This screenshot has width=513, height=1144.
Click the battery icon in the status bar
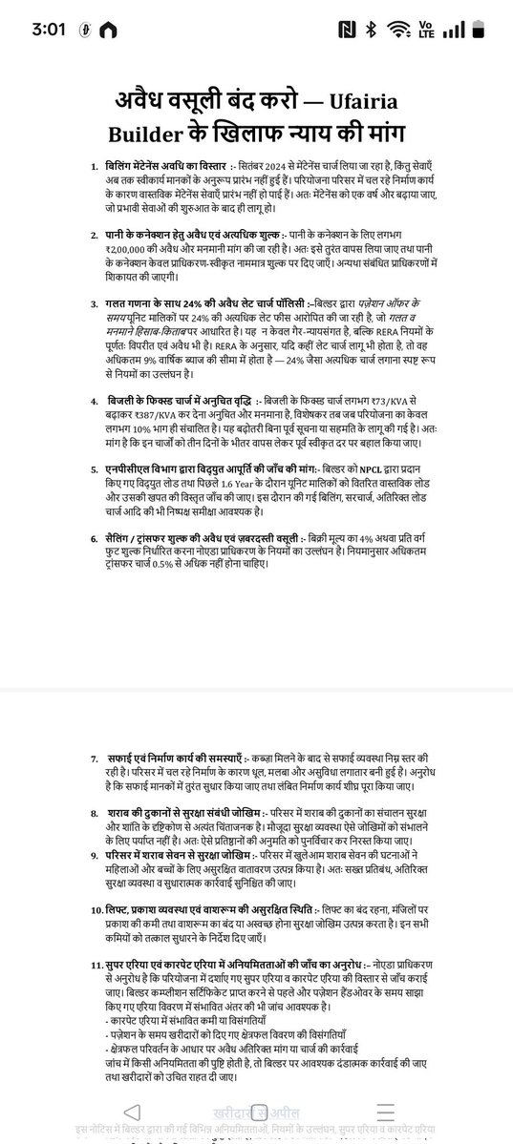[x=485, y=29]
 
